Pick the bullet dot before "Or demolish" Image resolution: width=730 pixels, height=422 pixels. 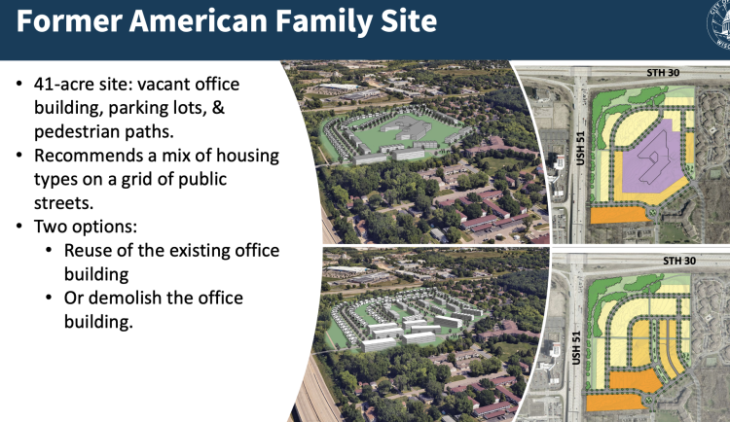pyautogui.click(x=51, y=298)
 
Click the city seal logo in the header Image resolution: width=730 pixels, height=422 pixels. pyautogui.click(x=716, y=18)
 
